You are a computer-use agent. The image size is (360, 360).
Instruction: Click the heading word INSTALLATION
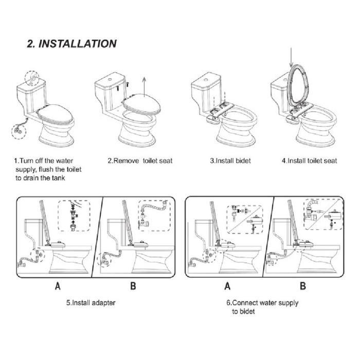pos(78,44)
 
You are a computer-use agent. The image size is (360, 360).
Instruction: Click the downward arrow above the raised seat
pos(291,58)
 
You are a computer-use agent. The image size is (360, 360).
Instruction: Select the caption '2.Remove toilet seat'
pos(140,160)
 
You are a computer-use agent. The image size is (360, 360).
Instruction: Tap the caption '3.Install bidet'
pos(230,160)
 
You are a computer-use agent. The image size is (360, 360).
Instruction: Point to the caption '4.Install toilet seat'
pos(309,160)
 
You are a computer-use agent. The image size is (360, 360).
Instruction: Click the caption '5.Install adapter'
pos(91,303)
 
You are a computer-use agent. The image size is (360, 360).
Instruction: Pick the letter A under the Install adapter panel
pos(58,286)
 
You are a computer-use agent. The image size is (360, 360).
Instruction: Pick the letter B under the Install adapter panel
pos(133,286)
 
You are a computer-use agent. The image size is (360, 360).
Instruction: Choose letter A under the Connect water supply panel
pos(227,286)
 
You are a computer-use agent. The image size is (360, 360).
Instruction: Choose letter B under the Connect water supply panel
pos(303,286)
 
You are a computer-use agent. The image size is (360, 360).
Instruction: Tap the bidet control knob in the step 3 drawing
pos(212,119)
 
